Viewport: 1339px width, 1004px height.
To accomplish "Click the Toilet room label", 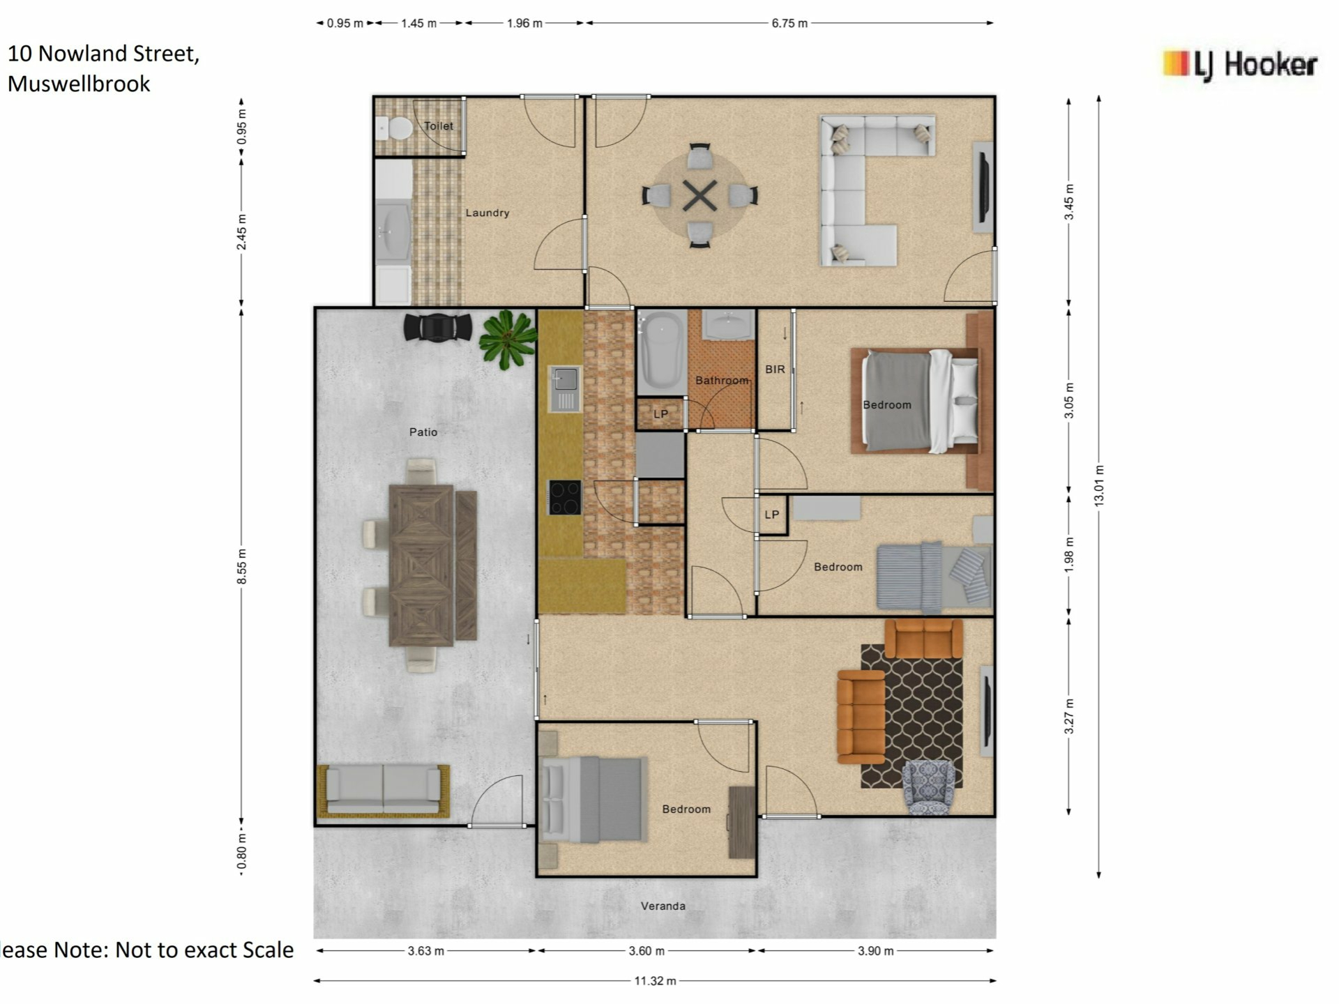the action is click(x=439, y=126).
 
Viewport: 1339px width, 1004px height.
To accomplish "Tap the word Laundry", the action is click(x=487, y=213).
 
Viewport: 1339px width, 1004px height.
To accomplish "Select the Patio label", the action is click(x=423, y=432).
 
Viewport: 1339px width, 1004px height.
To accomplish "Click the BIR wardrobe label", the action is click(x=775, y=370).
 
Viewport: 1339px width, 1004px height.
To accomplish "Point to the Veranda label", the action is click(x=663, y=906).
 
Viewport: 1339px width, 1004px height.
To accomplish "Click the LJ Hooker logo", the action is click(x=1240, y=66).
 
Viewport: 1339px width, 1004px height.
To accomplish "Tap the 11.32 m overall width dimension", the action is click(x=655, y=981).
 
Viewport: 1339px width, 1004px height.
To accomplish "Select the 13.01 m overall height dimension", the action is click(x=1099, y=485).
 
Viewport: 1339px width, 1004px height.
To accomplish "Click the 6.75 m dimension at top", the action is click(x=789, y=23).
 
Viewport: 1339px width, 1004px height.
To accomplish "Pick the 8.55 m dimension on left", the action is click(x=242, y=567).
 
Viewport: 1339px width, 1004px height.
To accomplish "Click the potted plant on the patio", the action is click(x=508, y=340).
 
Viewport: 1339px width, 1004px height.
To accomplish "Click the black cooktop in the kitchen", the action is click(x=565, y=497).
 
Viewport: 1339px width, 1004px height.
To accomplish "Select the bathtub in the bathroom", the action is click(x=663, y=351).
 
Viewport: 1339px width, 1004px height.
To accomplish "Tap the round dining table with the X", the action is click(x=699, y=196).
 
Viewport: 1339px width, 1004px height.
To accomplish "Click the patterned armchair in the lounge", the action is click(x=928, y=786).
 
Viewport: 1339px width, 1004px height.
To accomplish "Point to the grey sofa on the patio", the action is click(x=384, y=791).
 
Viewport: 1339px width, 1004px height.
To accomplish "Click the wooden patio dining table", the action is click(x=421, y=565).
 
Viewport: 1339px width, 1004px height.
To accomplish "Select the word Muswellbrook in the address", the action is click(x=79, y=84).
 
